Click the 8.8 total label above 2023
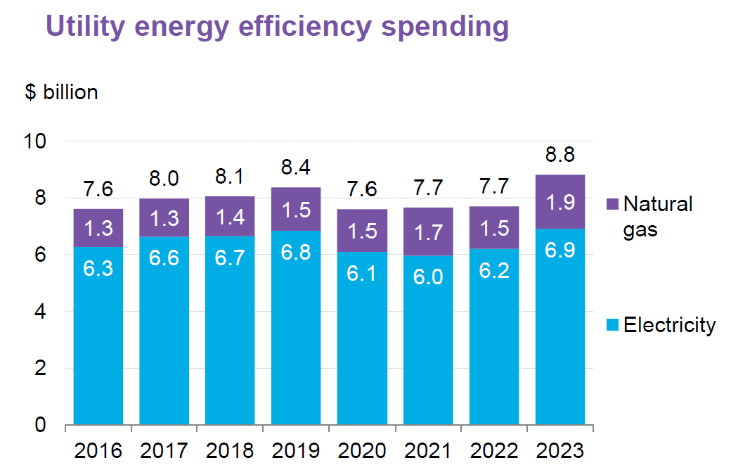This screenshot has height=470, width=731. tap(559, 156)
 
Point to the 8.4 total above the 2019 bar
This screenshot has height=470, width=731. tap(296, 168)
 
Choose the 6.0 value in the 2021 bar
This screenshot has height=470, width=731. tap(427, 277)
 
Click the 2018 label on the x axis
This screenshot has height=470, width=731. tap(229, 450)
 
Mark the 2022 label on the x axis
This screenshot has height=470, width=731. tap(493, 450)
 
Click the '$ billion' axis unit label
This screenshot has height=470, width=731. tap(61, 92)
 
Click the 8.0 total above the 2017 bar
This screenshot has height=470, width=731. tap(164, 179)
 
